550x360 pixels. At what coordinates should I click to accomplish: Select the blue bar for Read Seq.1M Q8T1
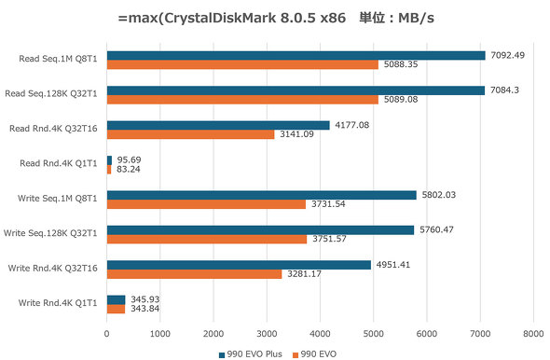click(x=296, y=55)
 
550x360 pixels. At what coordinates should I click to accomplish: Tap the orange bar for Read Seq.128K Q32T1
click(x=242, y=100)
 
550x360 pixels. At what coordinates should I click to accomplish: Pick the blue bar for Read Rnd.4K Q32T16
click(x=218, y=125)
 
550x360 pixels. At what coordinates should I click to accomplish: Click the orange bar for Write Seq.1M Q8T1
click(x=206, y=204)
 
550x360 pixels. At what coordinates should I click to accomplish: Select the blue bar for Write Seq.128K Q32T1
click(x=260, y=229)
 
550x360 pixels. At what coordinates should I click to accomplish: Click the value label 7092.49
click(x=509, y=55)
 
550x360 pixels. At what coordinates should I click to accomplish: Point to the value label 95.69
click(x=129, y=159)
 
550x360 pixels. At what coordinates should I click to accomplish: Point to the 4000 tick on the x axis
click(x=320, y=332)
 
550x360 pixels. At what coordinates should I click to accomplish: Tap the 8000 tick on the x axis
click(x=533, y=332)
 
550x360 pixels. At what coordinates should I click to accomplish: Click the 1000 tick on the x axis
click(x=160, y=332)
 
